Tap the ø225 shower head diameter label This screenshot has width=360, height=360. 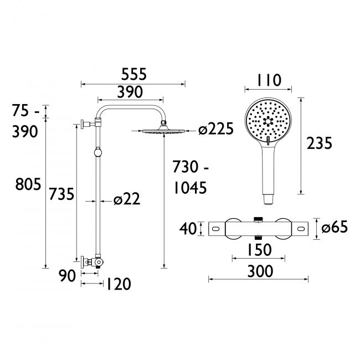(215, 130)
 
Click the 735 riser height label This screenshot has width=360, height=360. (61, 194)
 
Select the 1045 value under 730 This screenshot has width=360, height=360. (190, 188)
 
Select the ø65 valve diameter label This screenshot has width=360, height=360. (335, 227)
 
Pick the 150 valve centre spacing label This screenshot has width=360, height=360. (259, 250)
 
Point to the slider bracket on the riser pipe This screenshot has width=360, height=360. (97, 151)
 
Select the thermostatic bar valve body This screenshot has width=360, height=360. (259, 228)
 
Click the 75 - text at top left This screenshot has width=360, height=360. (26, 112)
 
